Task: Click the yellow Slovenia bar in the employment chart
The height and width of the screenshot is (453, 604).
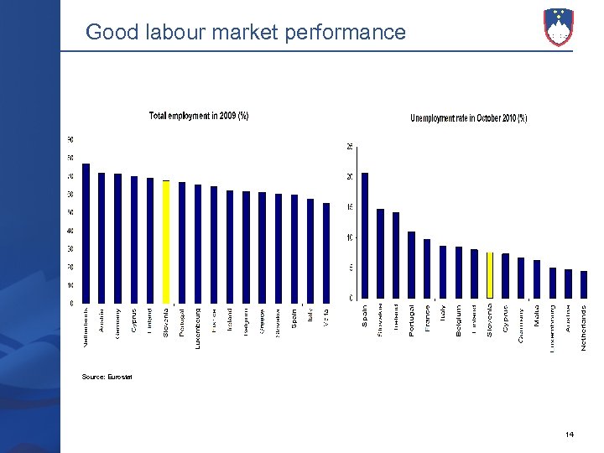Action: pyautogui.click(x=166, y=242)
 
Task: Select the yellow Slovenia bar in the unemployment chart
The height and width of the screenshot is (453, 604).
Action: pyautogui.click(x=490, y=275)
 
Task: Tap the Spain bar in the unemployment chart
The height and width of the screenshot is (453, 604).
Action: pyautogui.click(x=365, y=236)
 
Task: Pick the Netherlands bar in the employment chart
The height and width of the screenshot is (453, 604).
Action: pyautogui.click(x=86, y=233)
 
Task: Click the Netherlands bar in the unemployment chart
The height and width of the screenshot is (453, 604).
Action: pyautogui.click(x=584, y=284)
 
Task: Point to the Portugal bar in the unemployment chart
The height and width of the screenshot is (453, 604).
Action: pyautogui.click(x=412, y=265)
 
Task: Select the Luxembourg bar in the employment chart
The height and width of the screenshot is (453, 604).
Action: pyautogui.click(x=198, y=244)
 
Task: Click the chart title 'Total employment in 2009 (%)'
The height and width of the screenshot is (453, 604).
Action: pyautogui.click(x=199, y=116)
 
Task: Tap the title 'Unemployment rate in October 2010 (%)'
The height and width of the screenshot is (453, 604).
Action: pyautogui.click(x=468, y=118)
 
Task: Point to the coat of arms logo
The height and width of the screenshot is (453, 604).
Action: pyautogui.click(x=558, y=27)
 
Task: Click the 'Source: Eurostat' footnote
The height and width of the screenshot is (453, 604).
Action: pyautogui.click(x=107, y=377)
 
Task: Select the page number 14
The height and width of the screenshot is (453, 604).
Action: pyautogui.click(x=570, y=434)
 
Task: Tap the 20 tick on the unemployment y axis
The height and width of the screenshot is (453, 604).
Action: pyautogui.click(x=349, y=177)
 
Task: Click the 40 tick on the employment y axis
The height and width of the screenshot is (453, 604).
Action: pyautogui.click(x=70, y=231)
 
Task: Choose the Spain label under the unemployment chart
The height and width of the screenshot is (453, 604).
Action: pyautogui.click(x=365, y=316)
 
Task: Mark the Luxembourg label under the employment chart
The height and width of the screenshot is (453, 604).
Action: pyautogui.click(x=198, y=327)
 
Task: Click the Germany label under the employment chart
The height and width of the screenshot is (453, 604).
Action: pyautogui.click(x=117, y=322)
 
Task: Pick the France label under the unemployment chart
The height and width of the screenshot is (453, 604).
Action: pyautogui.click(x=427, y=318)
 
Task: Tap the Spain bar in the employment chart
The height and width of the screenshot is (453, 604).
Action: pyautogui.click(x=294, y=249)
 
